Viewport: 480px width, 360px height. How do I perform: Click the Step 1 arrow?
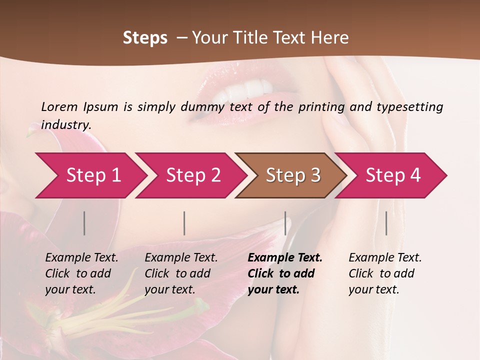coord(90,175)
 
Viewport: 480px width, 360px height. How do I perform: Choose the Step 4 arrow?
coord(392,175)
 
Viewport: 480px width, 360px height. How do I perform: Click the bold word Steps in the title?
coord(145,38)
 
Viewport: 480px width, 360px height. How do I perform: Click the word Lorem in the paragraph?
coord(59,106)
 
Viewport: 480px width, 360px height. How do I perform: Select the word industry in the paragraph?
coord(65,124)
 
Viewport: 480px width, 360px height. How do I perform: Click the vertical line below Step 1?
coord(84,223)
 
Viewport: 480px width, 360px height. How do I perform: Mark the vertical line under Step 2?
coord(184,223)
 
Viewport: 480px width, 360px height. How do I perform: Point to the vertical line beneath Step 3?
coord(285,223)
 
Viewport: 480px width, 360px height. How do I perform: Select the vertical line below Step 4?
coord(386,223)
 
